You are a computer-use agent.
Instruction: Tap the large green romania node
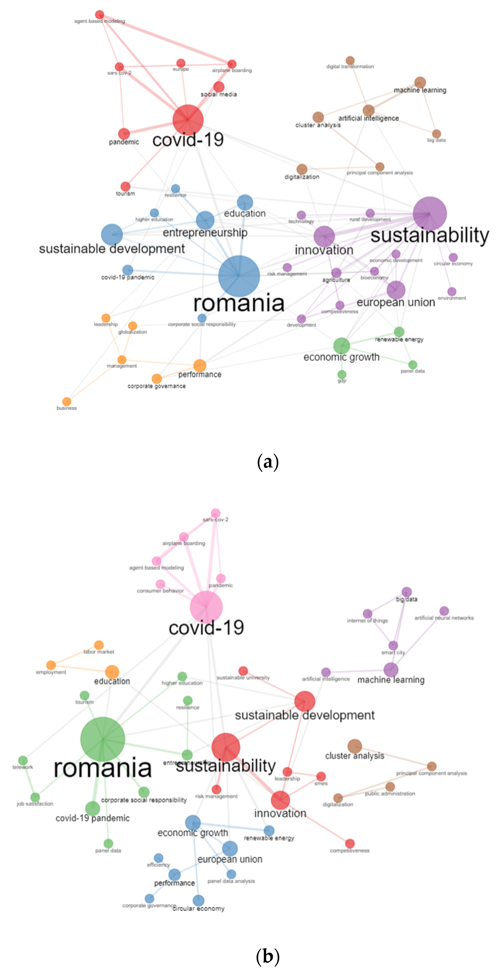click(103, 739)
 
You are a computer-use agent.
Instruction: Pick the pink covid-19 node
click(206, 607)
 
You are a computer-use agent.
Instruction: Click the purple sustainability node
click(429, 214)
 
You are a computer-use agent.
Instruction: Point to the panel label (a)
click(268, 462)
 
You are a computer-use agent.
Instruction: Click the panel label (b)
click(268, 956)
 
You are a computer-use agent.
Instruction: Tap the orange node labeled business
click(67, 401)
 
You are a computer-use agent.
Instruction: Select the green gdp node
click(342, 374)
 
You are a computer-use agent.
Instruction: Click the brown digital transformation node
click(350, 60)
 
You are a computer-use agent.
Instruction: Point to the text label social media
click(219, 94)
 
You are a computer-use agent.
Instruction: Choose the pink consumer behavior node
click(160, 584)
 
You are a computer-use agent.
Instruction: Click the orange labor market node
click(99, 645)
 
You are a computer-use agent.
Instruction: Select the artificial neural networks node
click(444, 611)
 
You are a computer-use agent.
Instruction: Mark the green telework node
click(23, 760)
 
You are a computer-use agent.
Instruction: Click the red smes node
click(321, 776)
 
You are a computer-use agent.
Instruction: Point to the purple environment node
click(452, 292)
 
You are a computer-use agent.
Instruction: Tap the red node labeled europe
click(181, 63)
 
